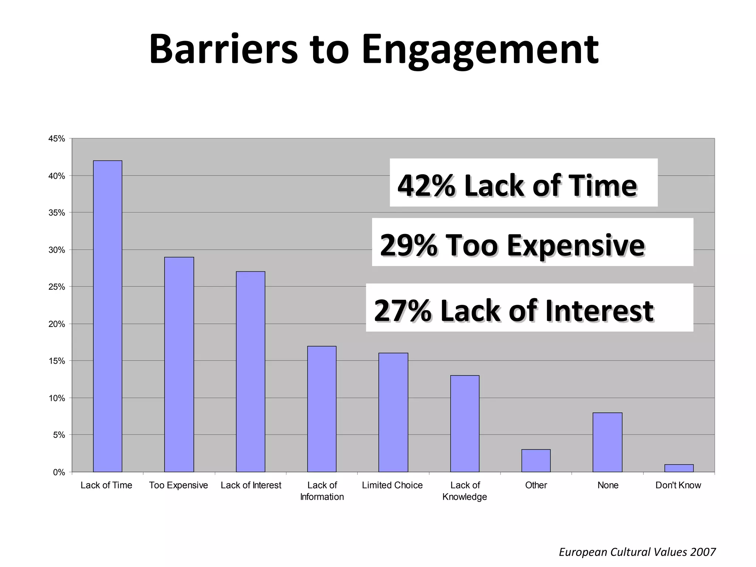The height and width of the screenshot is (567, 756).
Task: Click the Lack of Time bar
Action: pyautogui.click(x=107, y=316)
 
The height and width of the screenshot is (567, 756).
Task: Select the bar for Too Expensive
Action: pyautogui.click(x=179, y=364)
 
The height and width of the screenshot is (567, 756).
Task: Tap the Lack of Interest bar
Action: pyautogui.click(x=251, y=372)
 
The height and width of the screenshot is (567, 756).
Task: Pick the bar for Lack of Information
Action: pyautogui.click(x=322, y=409)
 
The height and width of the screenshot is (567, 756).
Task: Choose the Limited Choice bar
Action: pyautogui.click(x=393, y=412)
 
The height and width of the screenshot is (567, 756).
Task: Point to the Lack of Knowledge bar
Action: pyautogui.click(x=465, y=423)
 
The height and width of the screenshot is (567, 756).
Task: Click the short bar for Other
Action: pyautogui.click(x=536, y=461)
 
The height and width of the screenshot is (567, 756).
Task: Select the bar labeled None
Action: pyautogui.click(x=607, y=442)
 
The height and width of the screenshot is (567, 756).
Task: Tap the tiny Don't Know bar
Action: pyautogui.click(x=679, y=468)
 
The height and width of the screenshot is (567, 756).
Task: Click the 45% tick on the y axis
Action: pyautogui.click(x=57, y=139)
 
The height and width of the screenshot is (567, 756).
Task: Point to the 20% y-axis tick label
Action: pyautogui.click(x=57, y=324)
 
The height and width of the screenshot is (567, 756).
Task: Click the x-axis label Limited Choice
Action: pyautogui.click(x=392, y=485)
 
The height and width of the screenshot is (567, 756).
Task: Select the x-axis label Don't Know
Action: pyautogui.click(x=678, y=485)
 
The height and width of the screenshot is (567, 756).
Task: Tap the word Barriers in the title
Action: pyautogui.click(x=223, y=50)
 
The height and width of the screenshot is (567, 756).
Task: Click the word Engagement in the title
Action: pyautogui.click(x=480, y=50)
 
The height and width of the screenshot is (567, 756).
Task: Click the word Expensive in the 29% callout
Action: pyautogui.click(x=575, y=245)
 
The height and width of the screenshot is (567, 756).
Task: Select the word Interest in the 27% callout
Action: pyautogui.click(x=599, y=311)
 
